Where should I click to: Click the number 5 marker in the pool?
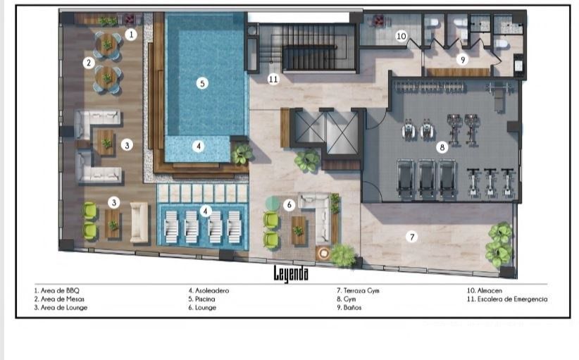click(202, 83)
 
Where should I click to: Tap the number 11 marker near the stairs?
click(273, 79)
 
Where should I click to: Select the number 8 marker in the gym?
click(442, 148)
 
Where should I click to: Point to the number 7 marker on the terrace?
click(412, 237)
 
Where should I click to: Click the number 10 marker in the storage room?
click(401, 36)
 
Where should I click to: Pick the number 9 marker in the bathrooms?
click(462, 59)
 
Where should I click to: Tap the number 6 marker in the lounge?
click(289, 205)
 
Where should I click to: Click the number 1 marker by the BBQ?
click(131, 35)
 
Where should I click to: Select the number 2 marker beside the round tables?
click(89, 63)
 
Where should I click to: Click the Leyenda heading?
click(291, 273)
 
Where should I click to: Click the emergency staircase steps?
click(309, 57)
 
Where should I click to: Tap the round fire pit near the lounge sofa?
click(324, 253)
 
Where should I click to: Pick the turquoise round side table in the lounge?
click(273, 203)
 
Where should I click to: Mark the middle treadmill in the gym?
click(426, 179)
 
